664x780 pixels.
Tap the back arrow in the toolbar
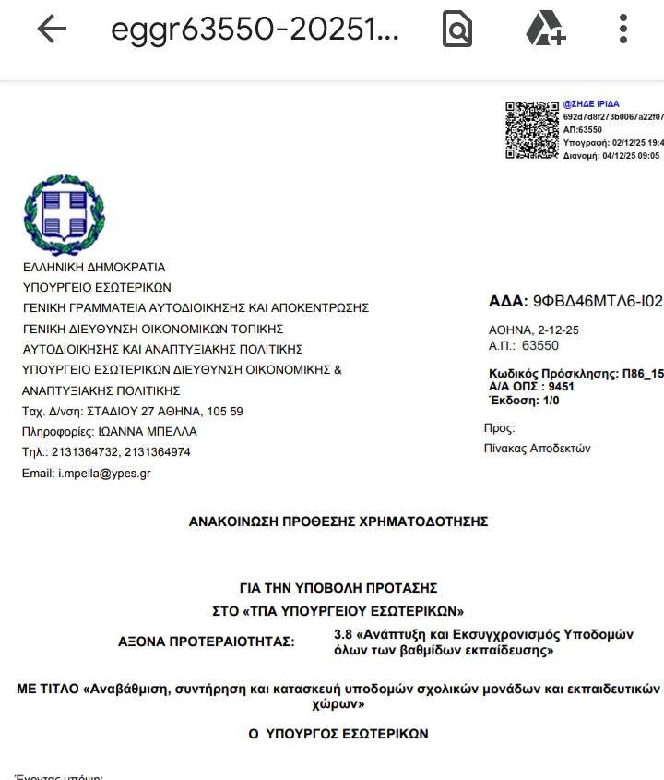click(52, 30)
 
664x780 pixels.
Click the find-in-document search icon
click(456, 30)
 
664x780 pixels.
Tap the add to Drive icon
click(545, 30)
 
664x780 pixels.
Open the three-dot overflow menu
click(623, 30)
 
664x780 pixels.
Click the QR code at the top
click(532, 130)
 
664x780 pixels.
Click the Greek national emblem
click(64, 214)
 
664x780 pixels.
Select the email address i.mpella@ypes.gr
click(104, 474)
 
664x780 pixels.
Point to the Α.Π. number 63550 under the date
click(540, 346)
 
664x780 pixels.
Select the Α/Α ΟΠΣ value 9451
click(561, 387)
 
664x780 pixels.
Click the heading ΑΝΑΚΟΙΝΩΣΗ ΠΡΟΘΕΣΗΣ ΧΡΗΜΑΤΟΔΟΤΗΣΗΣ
click(338, 522)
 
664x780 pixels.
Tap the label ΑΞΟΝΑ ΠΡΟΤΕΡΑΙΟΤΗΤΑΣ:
click(207, 641)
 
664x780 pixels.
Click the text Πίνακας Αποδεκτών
click(537, 449)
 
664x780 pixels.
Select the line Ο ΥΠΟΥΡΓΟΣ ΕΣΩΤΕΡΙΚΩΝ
click(338, 734)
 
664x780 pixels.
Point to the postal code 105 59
click(224, 411)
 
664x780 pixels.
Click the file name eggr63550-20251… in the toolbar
click(255, 30)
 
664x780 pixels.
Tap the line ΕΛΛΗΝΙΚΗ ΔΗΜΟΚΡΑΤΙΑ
click(94, 267)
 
